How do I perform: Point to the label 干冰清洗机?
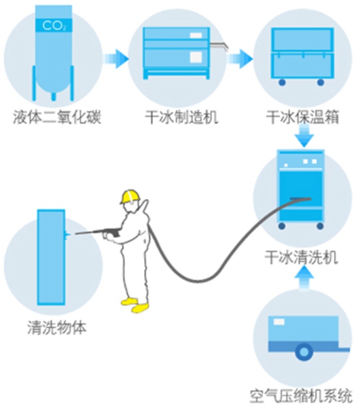[302, 256]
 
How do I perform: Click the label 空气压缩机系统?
[302, 396]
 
